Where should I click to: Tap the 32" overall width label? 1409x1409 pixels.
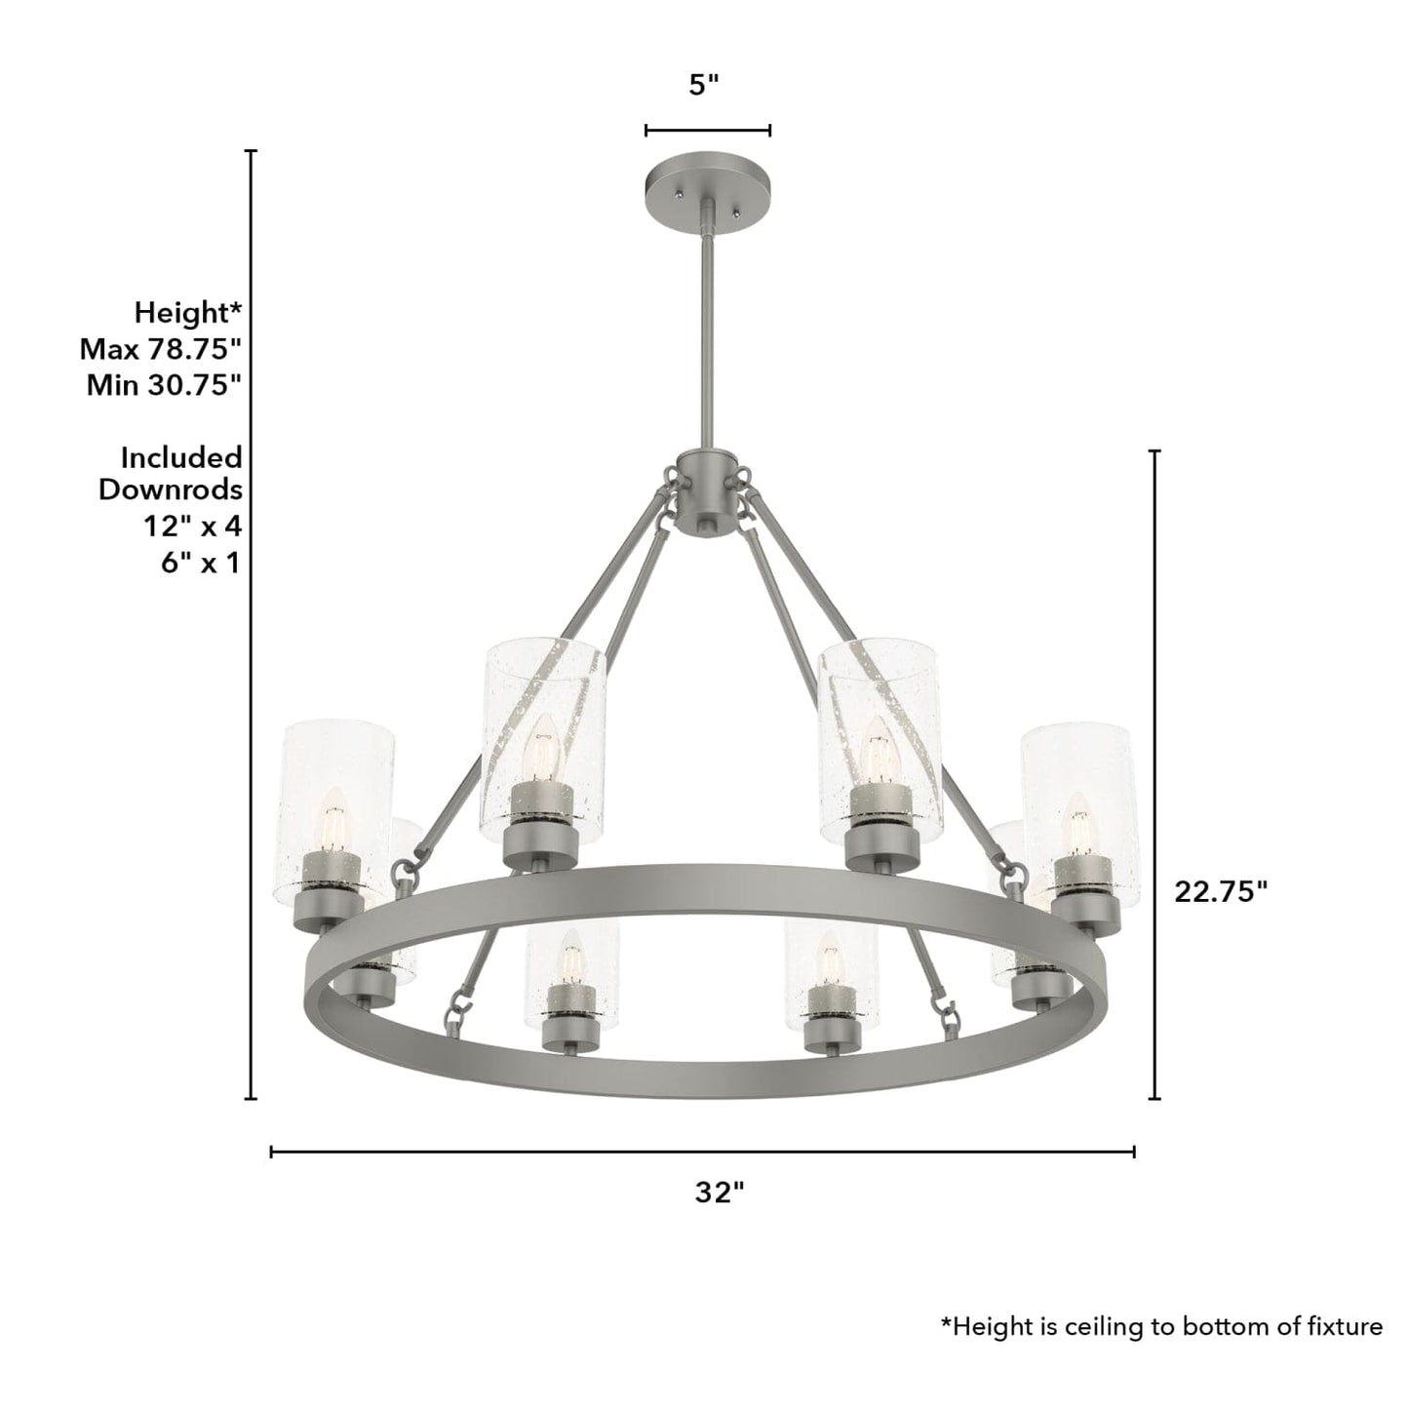coord(720,1192)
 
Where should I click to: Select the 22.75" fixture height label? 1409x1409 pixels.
coord(1220,891)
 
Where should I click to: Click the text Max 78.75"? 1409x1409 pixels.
coord(160,349)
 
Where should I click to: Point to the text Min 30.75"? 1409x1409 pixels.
coord(163,385)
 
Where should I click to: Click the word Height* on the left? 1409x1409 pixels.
coord(187,313)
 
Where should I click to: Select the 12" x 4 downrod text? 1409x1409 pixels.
coord(192,527)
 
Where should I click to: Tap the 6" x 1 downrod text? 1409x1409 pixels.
coord(200,563)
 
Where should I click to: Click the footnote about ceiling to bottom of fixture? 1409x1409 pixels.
coord(1160,1326)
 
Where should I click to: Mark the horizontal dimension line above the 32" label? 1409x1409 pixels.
coord(702,1152)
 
